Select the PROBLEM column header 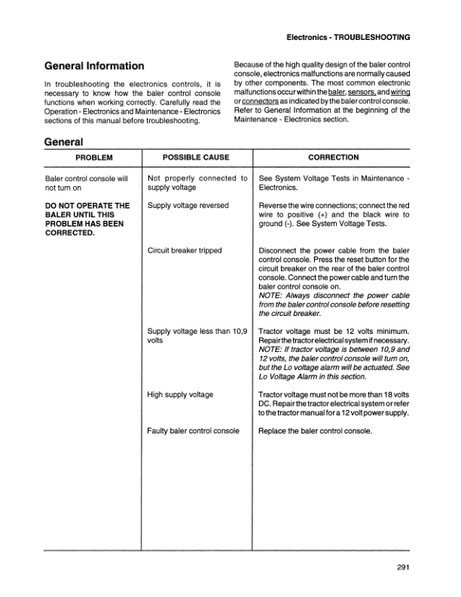(93, 158)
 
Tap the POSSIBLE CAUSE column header (196, 158)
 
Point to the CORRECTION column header (334, 158)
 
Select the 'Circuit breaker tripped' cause (185, 250)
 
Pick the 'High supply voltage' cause (181, 394)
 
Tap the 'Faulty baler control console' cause (194, 430)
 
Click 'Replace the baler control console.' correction (316, 430)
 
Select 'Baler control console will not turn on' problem (87, 183)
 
